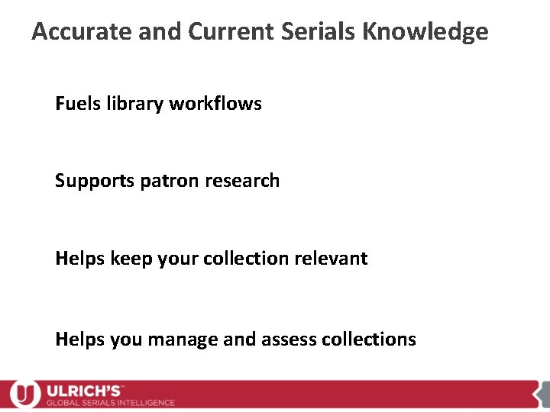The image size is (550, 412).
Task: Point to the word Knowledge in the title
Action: pos(425,32)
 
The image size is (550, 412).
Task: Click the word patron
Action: pos(168,181)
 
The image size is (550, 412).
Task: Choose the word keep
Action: pos(131,259)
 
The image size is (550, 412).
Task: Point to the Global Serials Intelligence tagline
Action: pos(111,402)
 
